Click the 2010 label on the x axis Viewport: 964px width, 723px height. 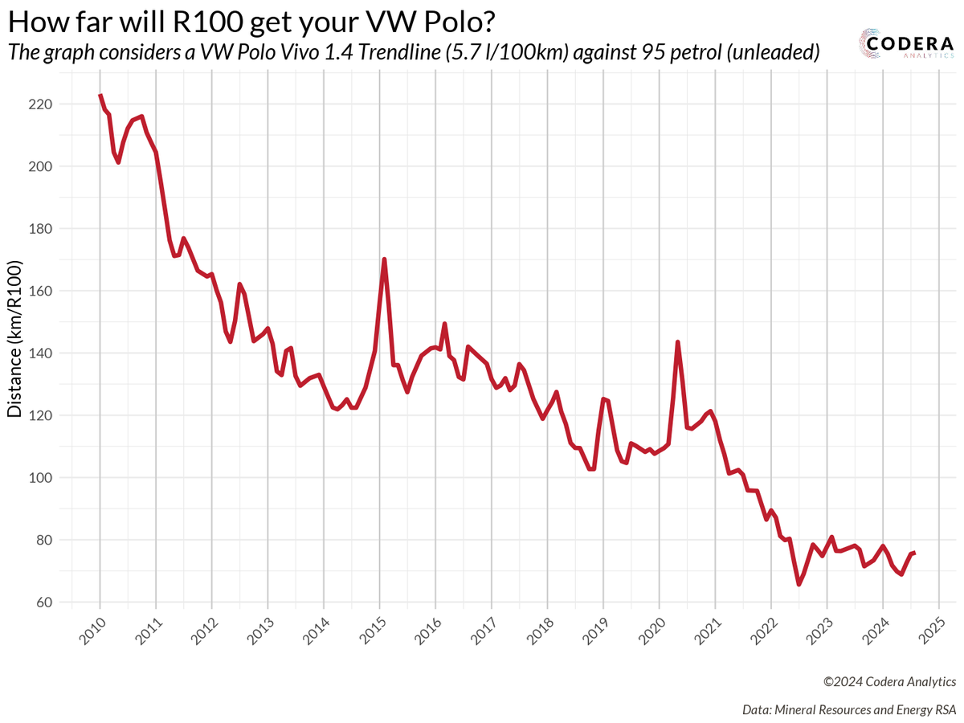click(x=96, y=634)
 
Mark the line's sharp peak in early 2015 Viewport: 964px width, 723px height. click(x=385, y=259)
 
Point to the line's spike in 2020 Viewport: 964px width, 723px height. click(x=678, y=342)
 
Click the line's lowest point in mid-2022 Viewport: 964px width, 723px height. click(x=799, y=584)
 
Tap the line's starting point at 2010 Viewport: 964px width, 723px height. click(x=100, y=95)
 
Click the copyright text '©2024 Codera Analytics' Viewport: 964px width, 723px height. click(x=889, y=681)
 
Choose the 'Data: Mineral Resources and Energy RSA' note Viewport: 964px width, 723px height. click(x=849, y=709)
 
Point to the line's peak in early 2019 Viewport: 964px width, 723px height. click(x=603, y=398)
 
